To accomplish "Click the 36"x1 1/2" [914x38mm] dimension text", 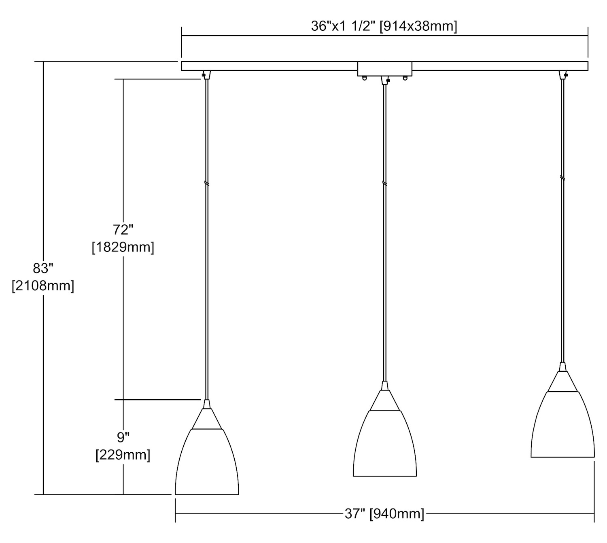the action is [384, 26].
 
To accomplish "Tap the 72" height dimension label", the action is [123, 230].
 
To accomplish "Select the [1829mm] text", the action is [123, 247].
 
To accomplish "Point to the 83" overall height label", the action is [43, 268].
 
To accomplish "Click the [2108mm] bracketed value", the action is [43, 286].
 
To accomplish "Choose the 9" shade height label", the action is [123, 437].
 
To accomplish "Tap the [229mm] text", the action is [123, 455].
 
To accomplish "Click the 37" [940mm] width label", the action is [384, 513].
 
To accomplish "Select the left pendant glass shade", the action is [207, 462].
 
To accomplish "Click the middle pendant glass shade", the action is [385, 443].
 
